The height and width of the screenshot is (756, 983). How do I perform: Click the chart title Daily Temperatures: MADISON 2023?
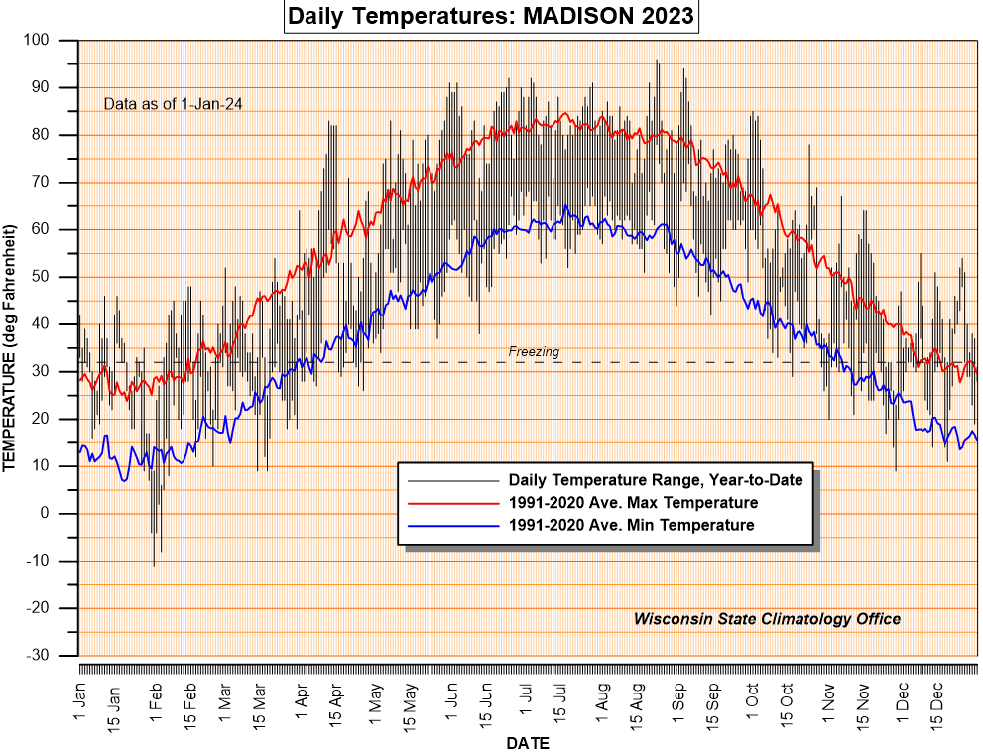tap(491, 17)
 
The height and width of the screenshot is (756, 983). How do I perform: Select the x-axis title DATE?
tap(527, 743)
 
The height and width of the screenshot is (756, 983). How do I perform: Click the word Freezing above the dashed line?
tap(534, 351)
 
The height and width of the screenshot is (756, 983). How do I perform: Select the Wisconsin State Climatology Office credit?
tap(767, 619)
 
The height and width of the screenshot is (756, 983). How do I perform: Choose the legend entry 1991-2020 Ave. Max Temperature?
tap(633, 503)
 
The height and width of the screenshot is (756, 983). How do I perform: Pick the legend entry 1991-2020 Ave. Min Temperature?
tap(631, 525)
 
